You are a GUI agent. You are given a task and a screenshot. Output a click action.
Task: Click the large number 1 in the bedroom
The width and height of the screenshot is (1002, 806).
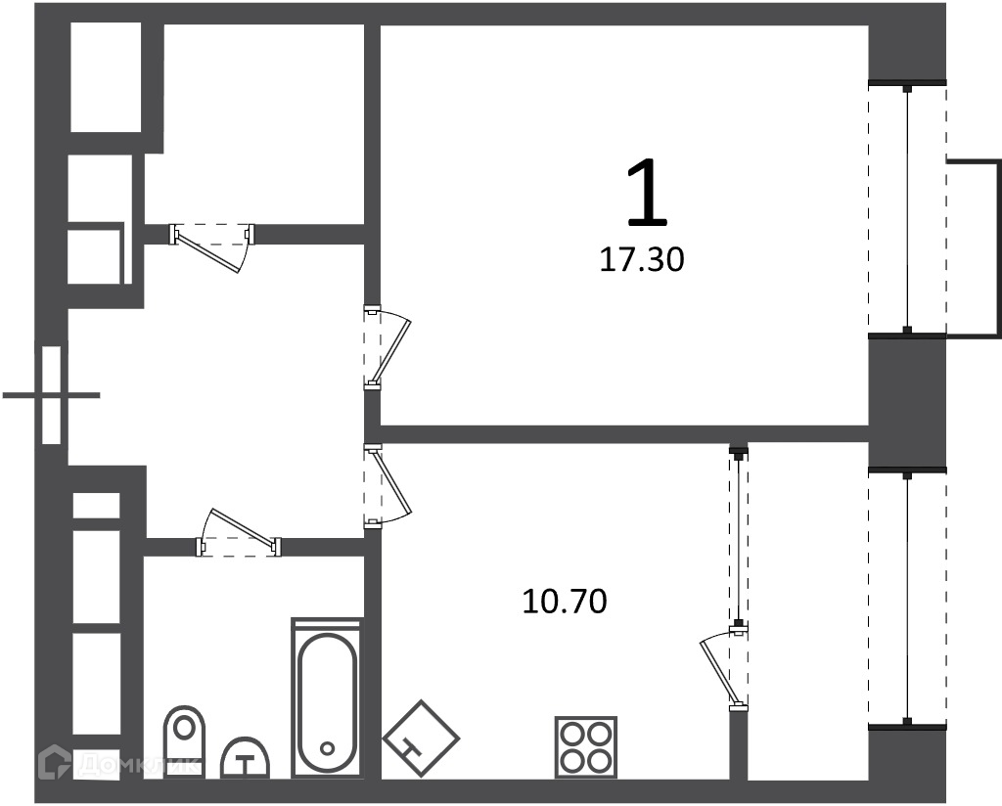pos(647,194)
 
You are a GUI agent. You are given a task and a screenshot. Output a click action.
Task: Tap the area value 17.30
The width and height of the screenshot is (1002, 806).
pos(642,260)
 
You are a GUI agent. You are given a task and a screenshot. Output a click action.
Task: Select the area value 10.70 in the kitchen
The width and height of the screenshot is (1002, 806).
pos(565,602)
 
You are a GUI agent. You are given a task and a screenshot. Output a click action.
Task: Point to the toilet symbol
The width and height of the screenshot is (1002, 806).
pos(185,741)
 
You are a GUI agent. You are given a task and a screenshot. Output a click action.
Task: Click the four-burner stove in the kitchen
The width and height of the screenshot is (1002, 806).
pos(587,747)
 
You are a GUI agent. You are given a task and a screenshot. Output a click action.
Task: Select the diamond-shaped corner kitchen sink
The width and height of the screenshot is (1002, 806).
pos(421,739)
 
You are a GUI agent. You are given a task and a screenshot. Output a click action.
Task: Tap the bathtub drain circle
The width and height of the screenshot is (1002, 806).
pos(328,748)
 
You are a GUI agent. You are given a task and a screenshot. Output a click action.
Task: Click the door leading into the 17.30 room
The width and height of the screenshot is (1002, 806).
pos(387,347)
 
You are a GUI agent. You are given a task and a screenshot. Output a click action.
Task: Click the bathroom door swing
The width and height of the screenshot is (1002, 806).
pos(239,532)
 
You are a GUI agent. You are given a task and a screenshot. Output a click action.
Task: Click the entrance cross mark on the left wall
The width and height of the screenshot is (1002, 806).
pos(51,395)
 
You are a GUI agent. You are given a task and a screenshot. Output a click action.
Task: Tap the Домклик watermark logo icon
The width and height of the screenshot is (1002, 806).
pos(55,762)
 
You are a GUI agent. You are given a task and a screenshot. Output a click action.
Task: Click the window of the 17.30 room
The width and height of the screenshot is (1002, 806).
pos(907,209)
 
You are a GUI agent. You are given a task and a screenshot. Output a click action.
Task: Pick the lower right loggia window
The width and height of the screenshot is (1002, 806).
pos(907,598)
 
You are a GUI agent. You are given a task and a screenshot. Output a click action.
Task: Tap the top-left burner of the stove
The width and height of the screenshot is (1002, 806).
pos(571,734)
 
